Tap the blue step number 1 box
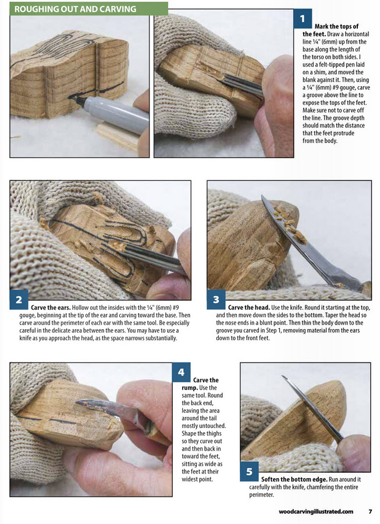(303, 19)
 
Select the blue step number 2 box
(19, 299)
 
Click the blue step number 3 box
(216, 299)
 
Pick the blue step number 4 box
(182, 372)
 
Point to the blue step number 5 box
(249, 471)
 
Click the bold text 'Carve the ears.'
(51, 308)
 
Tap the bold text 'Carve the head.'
(249, 308)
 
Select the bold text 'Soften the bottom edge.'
(294, 479)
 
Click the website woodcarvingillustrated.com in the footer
(316, 511)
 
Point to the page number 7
(370, 511)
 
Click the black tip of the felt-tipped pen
(74, 98)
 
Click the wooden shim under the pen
(117, 135)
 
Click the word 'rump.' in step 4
(190, 388)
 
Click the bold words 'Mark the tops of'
(336, 26)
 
